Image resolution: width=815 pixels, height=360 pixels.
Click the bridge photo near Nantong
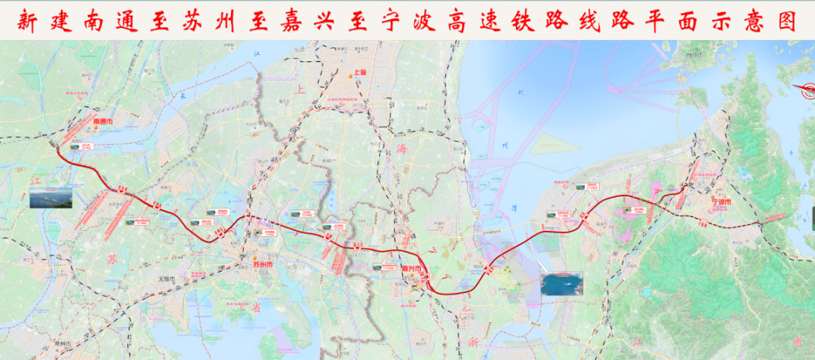point(51,198)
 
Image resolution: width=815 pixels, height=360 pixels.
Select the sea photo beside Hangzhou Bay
point(561,285)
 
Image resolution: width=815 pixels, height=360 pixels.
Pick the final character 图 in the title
point(788,20)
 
